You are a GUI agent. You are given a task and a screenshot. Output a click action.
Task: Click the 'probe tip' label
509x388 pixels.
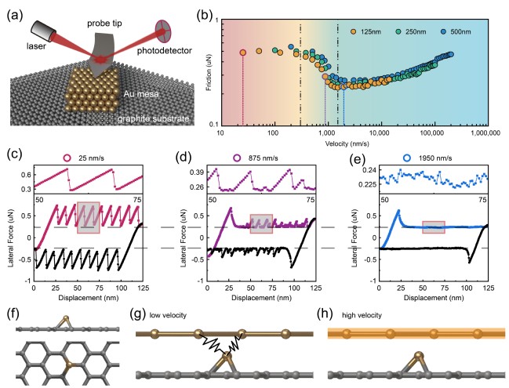(104, 24)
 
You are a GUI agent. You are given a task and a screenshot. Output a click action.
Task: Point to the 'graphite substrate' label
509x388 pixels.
(153, 118)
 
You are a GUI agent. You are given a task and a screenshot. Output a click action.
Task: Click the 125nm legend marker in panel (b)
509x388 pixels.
(353, 32)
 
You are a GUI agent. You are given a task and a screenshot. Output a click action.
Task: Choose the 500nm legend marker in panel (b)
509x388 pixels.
(443, 32)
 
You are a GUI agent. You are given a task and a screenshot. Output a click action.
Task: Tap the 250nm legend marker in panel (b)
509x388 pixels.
(398, 32)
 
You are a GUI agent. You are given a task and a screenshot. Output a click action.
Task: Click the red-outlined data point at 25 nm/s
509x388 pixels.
(243, 53)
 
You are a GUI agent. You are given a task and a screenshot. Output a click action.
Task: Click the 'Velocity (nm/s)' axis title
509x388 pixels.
(347, 143)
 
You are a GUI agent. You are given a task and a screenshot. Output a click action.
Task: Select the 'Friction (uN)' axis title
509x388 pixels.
(209, 72)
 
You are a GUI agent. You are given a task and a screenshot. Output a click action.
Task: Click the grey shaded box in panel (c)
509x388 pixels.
(89, 217)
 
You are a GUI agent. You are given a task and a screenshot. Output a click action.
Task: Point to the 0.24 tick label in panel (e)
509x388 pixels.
(369, 170)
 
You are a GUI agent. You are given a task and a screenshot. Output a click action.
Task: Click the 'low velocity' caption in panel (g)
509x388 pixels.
(168, 315)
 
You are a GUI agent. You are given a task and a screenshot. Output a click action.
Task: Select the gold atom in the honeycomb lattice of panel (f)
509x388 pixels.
(68, 365)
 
